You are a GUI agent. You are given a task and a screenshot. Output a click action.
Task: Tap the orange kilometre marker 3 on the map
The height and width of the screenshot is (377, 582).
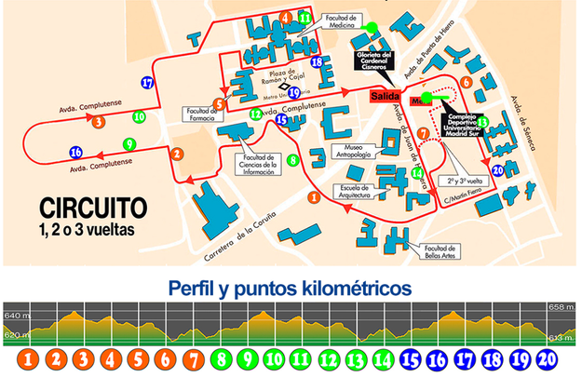coord(99,121)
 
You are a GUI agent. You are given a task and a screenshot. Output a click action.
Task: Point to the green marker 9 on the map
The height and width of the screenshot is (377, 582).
coord(129,143)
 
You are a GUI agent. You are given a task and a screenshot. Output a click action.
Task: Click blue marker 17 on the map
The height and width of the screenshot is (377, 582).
coord(147,83)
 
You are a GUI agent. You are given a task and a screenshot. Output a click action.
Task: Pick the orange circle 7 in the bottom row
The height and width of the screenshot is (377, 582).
coord(192,358)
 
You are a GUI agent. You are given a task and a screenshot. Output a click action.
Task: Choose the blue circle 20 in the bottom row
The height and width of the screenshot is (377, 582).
coord(548,358)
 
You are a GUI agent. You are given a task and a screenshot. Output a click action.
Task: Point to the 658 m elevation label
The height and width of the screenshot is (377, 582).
coord(564,306)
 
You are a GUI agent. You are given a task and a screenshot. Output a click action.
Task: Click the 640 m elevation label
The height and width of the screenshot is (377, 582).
coord(15,312)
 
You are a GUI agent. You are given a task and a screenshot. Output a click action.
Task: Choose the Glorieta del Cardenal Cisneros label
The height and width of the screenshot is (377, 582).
coord(373,63)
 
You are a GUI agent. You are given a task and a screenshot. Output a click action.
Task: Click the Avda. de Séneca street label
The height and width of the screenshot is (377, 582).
coord(526,114)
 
